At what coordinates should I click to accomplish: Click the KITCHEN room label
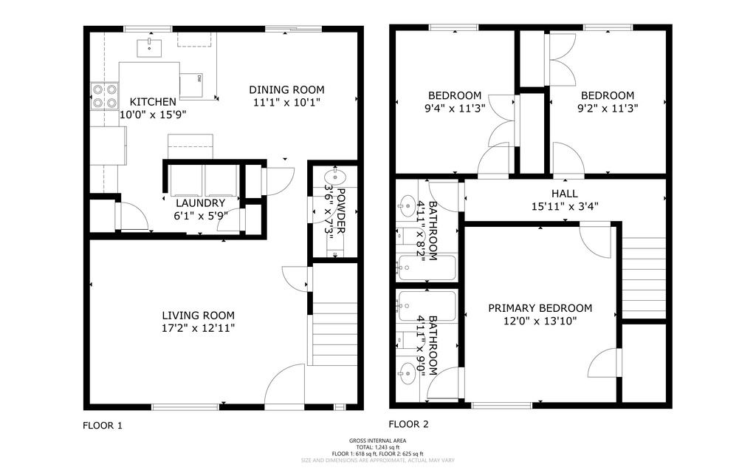153,102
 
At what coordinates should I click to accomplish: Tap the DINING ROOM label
286,90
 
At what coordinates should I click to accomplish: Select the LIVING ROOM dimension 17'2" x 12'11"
199,327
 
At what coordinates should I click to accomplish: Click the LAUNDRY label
200,203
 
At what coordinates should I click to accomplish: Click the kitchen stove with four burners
104,95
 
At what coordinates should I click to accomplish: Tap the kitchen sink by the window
150,48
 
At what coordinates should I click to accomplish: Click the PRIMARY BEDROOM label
540,308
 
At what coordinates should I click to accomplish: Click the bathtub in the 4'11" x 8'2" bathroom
426,267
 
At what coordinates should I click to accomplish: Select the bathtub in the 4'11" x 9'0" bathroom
426,303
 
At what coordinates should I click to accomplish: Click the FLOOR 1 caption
102,426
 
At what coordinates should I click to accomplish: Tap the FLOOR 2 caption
408,424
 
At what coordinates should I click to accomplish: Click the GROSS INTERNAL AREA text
377,441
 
